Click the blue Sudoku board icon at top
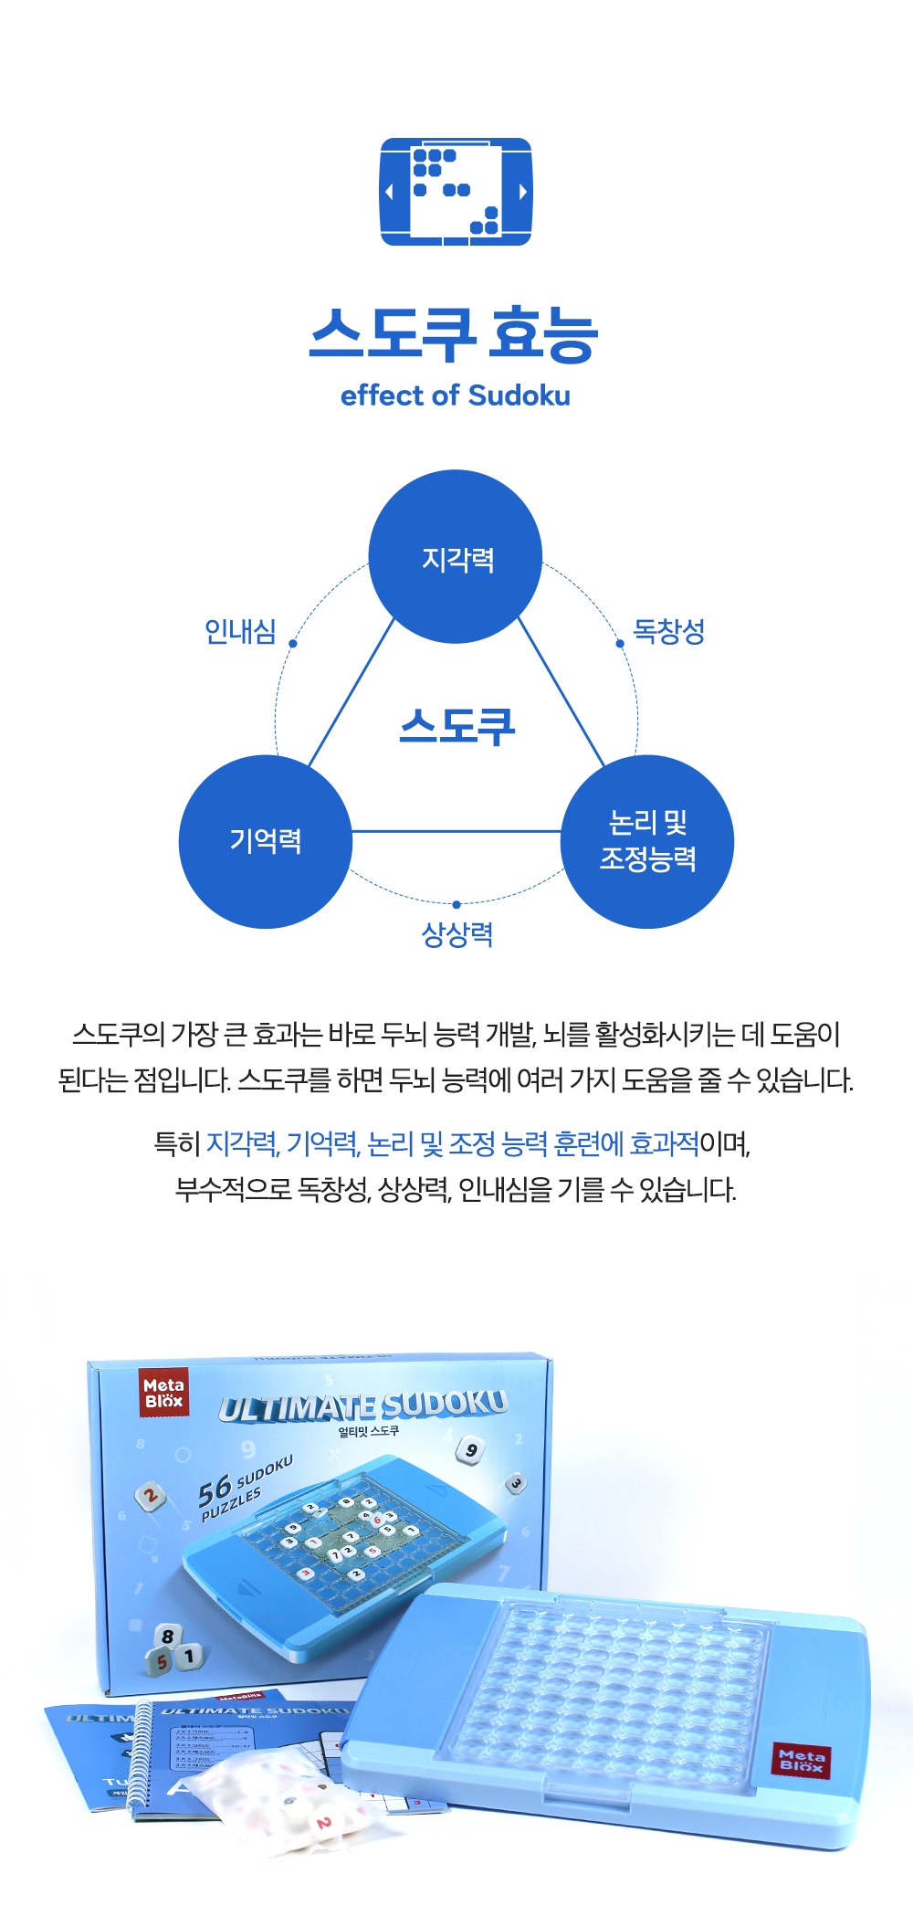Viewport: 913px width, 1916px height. [456, 192]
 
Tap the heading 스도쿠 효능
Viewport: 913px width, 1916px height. [454, 334]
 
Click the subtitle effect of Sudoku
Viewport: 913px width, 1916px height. [455, 395]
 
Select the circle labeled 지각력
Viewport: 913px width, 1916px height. [456, 557]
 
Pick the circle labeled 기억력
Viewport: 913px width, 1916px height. [265, 841]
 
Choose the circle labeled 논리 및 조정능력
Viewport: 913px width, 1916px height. [646, 841]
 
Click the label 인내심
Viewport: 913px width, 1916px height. [240, 631]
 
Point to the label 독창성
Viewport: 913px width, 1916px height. [669, 631]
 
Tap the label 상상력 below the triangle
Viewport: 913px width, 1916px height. [456, 934]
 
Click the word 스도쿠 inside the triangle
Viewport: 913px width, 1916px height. [456, 727]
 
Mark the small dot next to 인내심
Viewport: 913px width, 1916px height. [293, 644]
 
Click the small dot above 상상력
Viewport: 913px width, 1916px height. [456, 905]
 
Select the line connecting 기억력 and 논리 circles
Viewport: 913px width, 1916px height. [456, 831]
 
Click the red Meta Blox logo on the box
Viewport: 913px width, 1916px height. [163, 1393]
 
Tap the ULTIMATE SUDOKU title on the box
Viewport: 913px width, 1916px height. [362, 1407]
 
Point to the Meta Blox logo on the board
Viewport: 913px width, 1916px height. [801, 1759]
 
